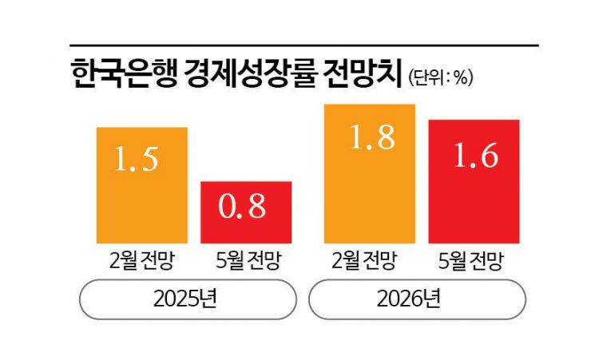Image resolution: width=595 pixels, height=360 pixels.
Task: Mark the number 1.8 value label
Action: [370, 137]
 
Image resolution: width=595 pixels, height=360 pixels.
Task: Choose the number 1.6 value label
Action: [474, 154]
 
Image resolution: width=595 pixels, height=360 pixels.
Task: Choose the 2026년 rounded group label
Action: [417, 301]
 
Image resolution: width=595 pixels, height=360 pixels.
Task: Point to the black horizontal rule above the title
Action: [303, 45]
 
